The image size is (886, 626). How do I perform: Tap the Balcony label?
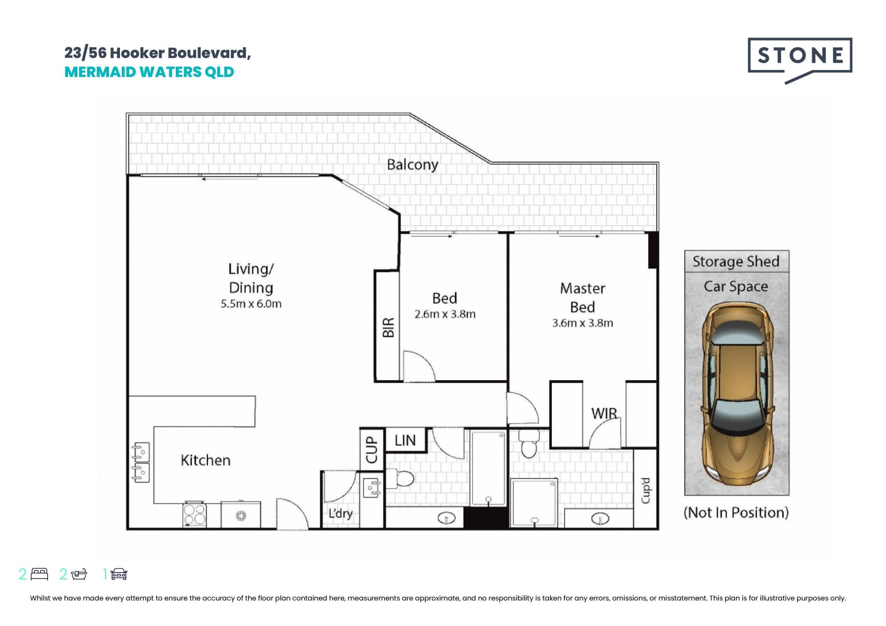point(413,165)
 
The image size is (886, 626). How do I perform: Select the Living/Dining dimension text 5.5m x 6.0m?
point(251,304)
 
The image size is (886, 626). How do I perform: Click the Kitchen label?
point(205,460)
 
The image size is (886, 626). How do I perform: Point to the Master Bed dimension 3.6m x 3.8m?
point(583,323)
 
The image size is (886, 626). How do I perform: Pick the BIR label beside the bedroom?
point(389,327)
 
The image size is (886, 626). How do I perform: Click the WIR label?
point(604,413)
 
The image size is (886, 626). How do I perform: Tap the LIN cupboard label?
point(405,441)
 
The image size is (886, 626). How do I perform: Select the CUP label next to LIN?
point(371,450)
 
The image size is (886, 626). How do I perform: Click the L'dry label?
point(341,513)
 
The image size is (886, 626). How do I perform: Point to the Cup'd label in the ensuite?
point(646,490)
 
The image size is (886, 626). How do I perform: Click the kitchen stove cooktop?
point(195,514)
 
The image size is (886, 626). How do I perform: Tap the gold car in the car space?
point(737,393)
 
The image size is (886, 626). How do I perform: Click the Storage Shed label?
point(736,262)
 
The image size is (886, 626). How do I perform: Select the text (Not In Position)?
point(736,513)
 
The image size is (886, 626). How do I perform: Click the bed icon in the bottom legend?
point(39,574)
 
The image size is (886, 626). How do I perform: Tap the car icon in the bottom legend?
point(119,574)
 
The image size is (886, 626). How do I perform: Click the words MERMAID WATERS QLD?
point(150,72)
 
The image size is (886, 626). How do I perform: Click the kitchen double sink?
point(141,462)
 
